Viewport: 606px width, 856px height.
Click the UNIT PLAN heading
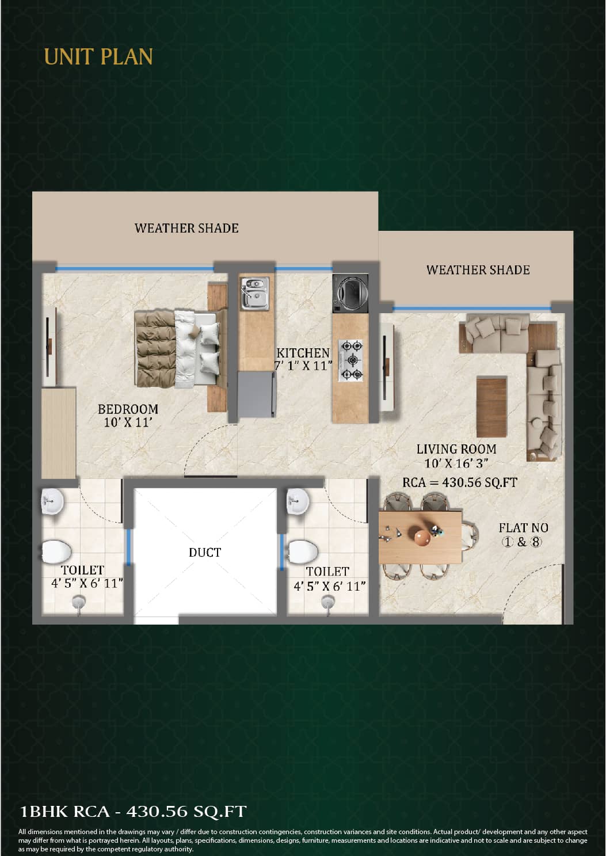(x=98, y=56)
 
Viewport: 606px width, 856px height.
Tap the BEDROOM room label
(x=128, y=409)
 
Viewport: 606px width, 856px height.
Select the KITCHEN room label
(x=303, y=353)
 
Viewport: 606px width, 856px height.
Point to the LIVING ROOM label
(x=456, y=449)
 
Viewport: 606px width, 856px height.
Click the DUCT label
(x=205, y=552)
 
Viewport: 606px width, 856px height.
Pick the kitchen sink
(x=254, y=293)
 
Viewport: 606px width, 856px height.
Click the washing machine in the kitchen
(x=350, y=293)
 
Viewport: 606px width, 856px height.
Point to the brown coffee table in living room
(x=491, y=407)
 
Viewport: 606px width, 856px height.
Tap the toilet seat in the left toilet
(x=56, y=552)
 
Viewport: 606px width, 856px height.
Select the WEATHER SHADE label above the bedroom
(x=186, y=228)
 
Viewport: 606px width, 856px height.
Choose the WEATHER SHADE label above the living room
(x=478, y=270)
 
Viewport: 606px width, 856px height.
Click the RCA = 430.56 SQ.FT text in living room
(x=460, y=482)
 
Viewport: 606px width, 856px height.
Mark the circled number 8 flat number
(x=536, y=542)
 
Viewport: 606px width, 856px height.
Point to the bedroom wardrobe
(x=59, y=433)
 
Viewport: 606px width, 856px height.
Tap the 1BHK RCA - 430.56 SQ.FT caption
(x=133, y=811)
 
